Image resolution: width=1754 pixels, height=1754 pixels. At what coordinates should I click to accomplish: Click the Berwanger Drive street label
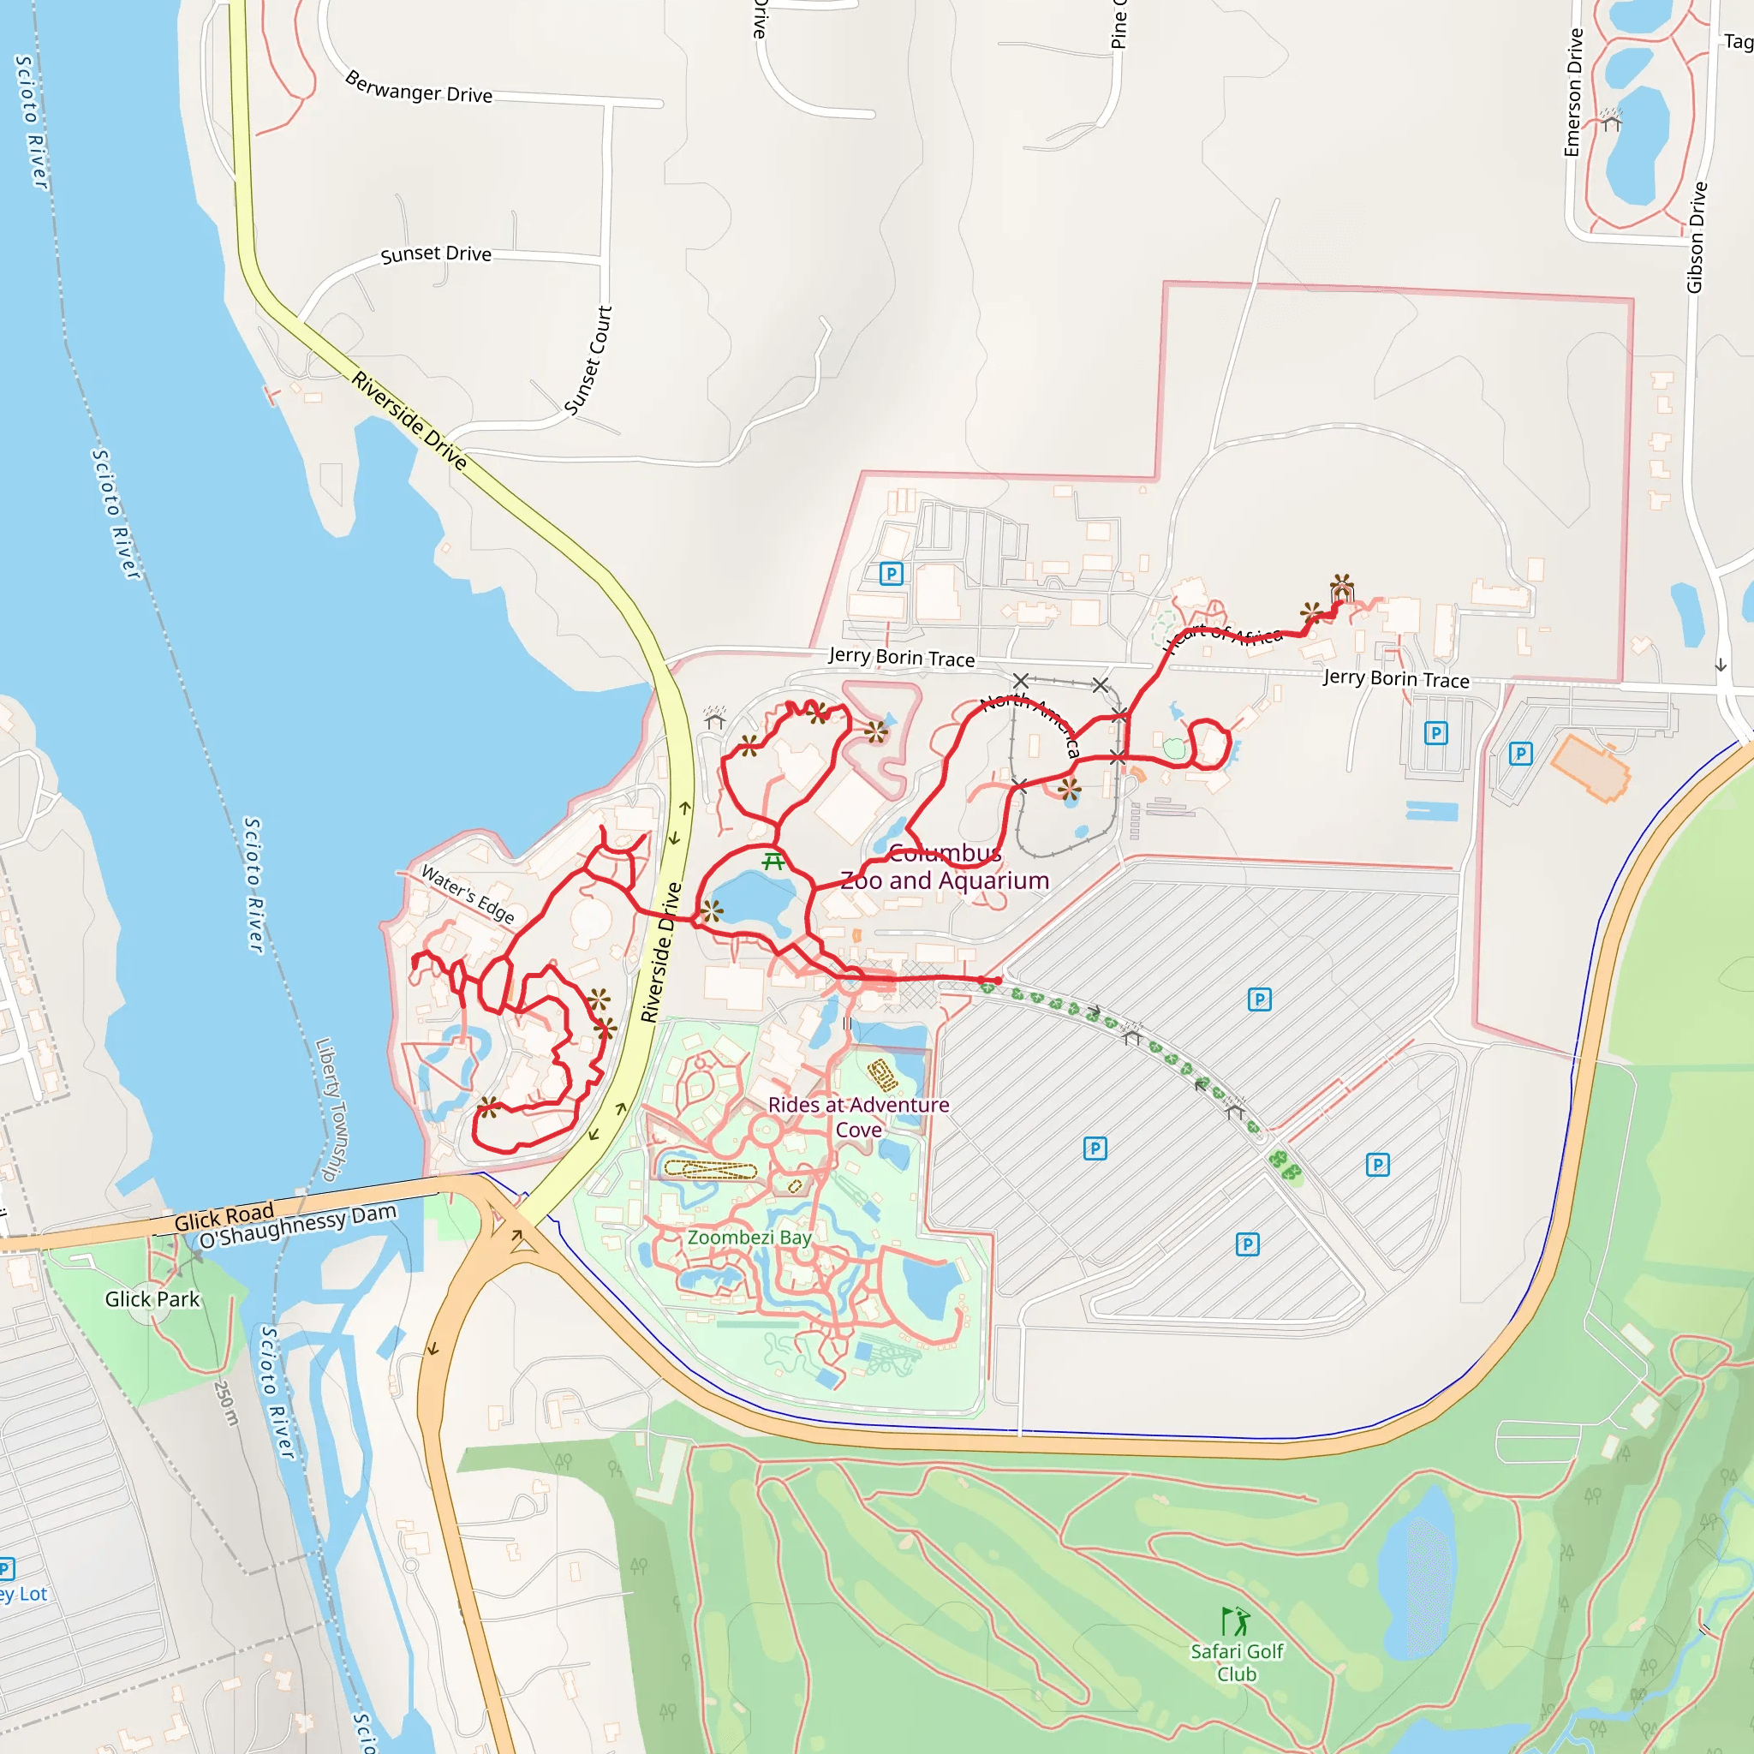(419, 88)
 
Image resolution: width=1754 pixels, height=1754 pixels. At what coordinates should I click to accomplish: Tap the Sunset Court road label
(588, 361)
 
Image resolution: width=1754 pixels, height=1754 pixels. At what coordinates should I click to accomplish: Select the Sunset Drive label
(436, 254)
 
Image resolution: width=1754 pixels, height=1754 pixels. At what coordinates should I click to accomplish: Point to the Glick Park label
(152, 1299)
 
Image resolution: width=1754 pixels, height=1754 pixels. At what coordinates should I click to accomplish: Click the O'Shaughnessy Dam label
(298, 1226)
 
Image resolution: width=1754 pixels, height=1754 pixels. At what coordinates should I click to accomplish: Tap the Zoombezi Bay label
(749, 1238)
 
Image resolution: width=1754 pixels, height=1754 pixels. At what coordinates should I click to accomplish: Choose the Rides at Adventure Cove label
(858, 1117)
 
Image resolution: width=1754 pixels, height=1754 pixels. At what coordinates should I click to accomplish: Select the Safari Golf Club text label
(1237, 1662)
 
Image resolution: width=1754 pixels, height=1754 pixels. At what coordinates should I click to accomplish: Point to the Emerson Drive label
(1573, 92)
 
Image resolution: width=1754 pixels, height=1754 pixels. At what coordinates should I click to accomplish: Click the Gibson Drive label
(1696, 238)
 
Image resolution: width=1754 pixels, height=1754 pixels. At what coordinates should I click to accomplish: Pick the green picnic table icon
(773, 861)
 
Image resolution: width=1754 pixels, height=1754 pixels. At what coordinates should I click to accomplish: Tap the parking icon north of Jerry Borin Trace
(892, 574)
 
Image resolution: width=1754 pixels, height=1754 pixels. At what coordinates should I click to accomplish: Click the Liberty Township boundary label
(331, 1109)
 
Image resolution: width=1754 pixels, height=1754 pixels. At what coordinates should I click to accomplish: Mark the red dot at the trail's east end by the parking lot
(998, 981)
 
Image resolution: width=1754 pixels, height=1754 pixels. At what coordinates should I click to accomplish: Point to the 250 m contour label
(226, 1403)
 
